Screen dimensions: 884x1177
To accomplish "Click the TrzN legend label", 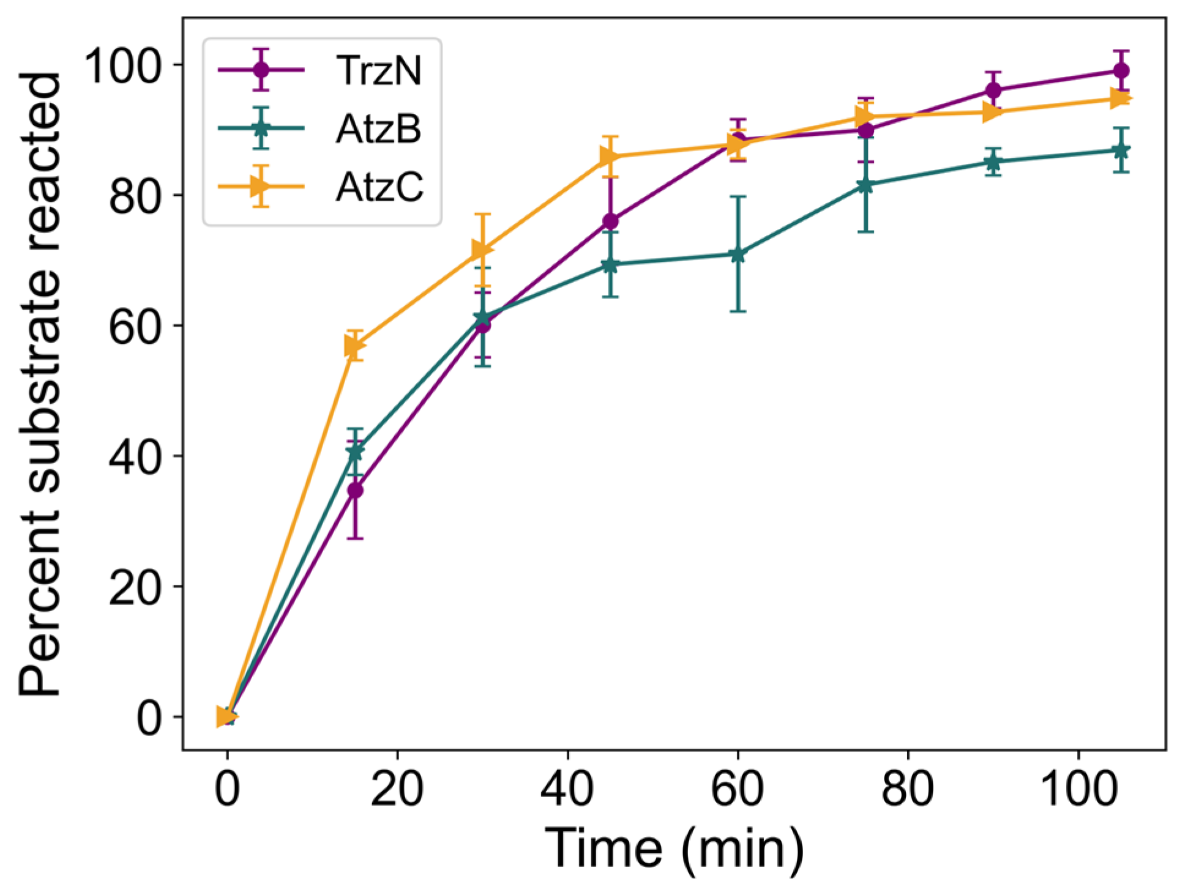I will tap(378, 70).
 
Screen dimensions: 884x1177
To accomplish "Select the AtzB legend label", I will tap(378, 128).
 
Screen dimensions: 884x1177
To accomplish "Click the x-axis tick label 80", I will tap(907, 789).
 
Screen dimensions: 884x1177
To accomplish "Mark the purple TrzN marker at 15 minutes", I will tap(355, 490).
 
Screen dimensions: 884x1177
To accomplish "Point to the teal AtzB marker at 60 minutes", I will tap(738, 254).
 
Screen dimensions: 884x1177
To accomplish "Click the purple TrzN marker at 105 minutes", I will tap(1121, 70).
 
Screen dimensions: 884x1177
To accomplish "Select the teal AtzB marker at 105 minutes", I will tap(1121, 150).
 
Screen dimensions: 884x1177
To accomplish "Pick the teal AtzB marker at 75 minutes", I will tap(865, 185).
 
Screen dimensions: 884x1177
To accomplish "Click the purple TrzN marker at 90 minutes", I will tap(993, 91).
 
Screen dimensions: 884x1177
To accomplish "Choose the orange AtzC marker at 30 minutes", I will tap(482, 250).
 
